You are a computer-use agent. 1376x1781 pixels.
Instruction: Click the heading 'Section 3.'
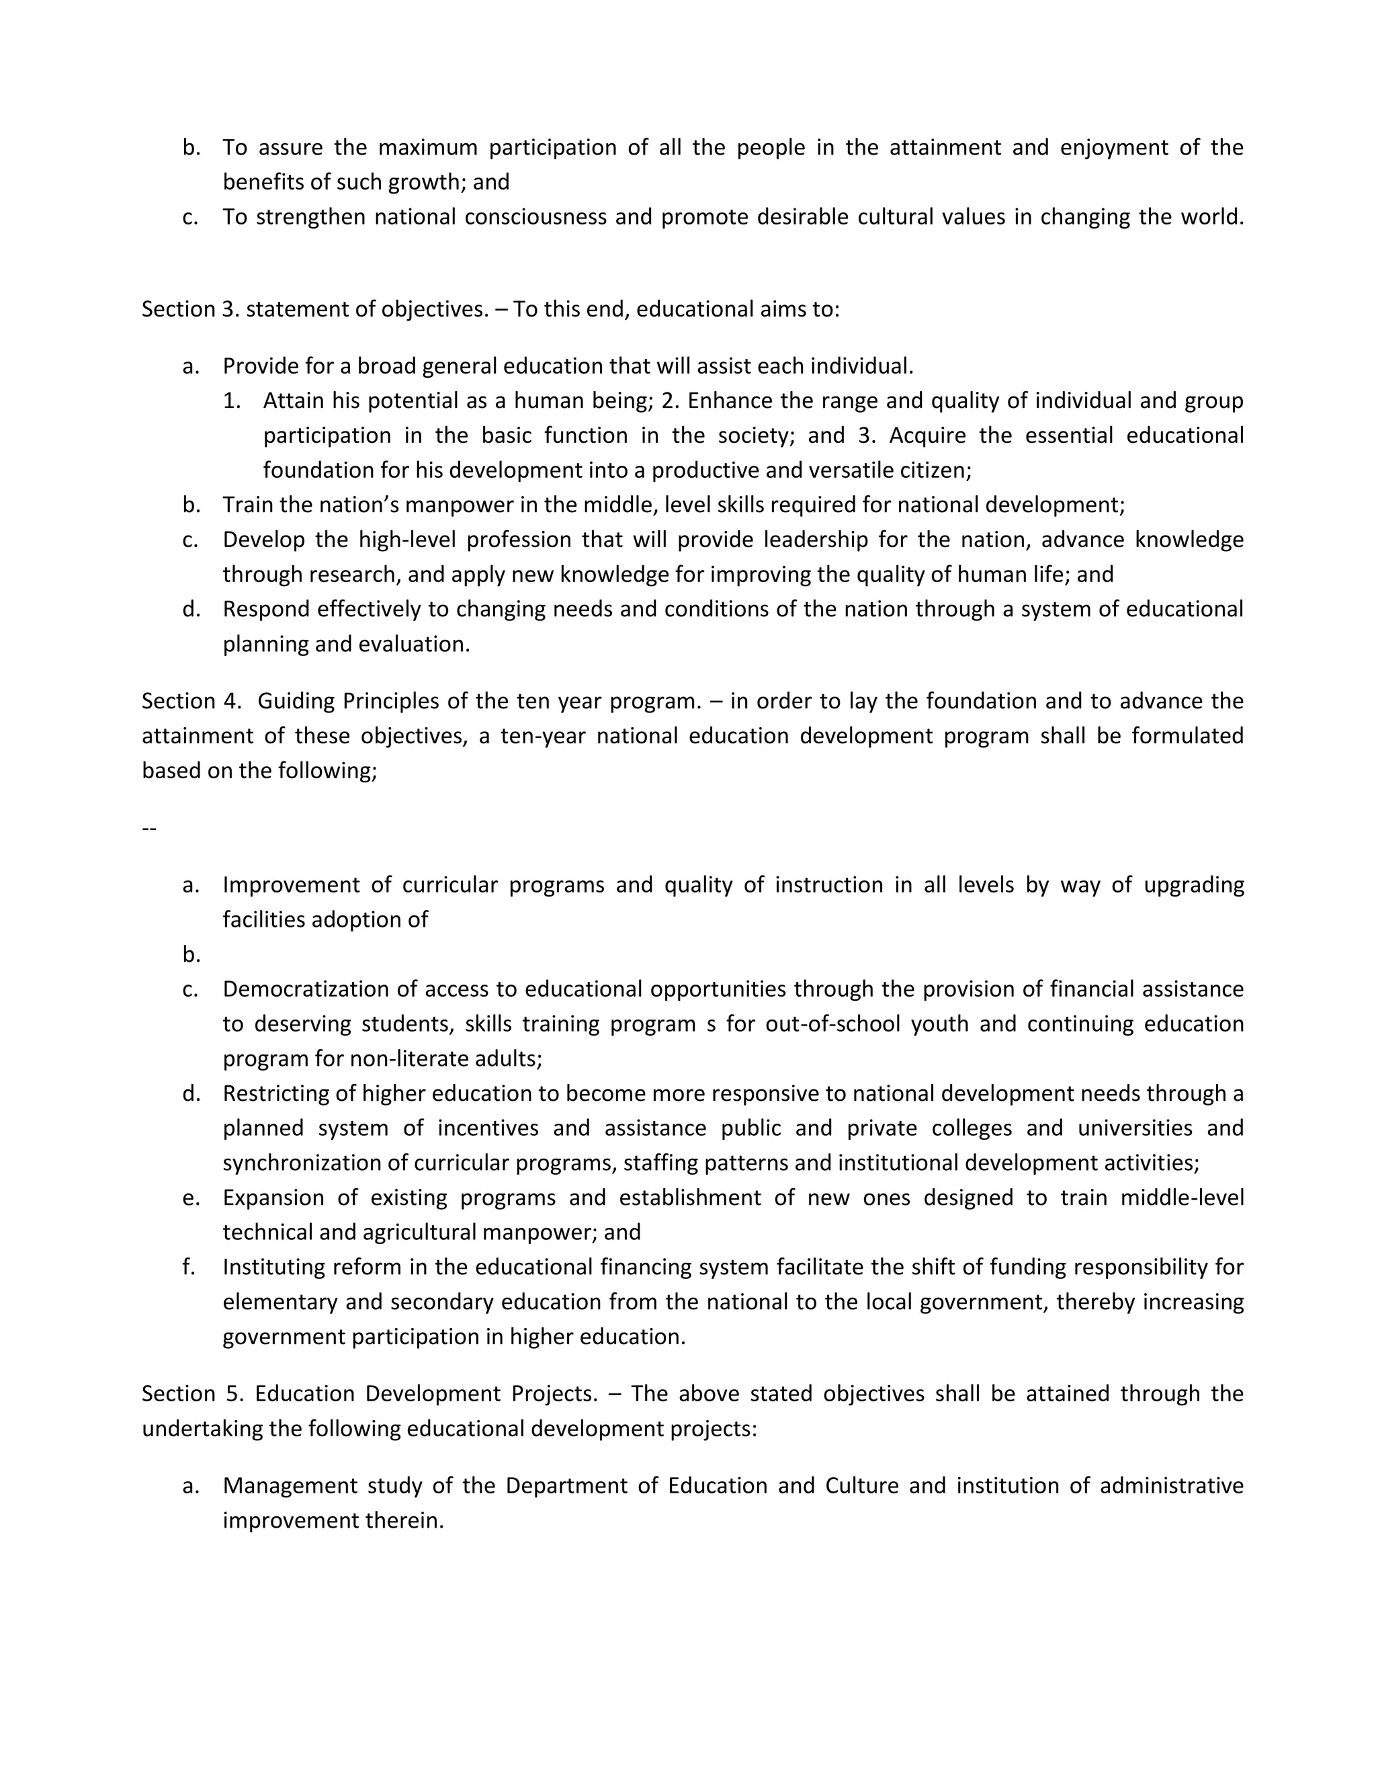pyautogui.click(x=190, y=309)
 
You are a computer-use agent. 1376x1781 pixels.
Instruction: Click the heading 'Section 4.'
pyautogui.click(x=191, y=701)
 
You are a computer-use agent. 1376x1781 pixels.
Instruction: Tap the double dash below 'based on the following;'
pyautogui.click(x=149, y=829)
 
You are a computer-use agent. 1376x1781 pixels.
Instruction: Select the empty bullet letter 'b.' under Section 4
pyautogui.click(x=191, y=955)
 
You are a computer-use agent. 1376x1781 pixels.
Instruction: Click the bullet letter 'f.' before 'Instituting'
pyautogui.click(x=188, y=1268)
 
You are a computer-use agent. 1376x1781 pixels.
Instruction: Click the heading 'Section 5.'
pyautogui.click(x=192, y=1394)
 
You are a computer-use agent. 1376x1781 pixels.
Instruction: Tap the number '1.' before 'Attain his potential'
pyautogui.click(x=232, y=401)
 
